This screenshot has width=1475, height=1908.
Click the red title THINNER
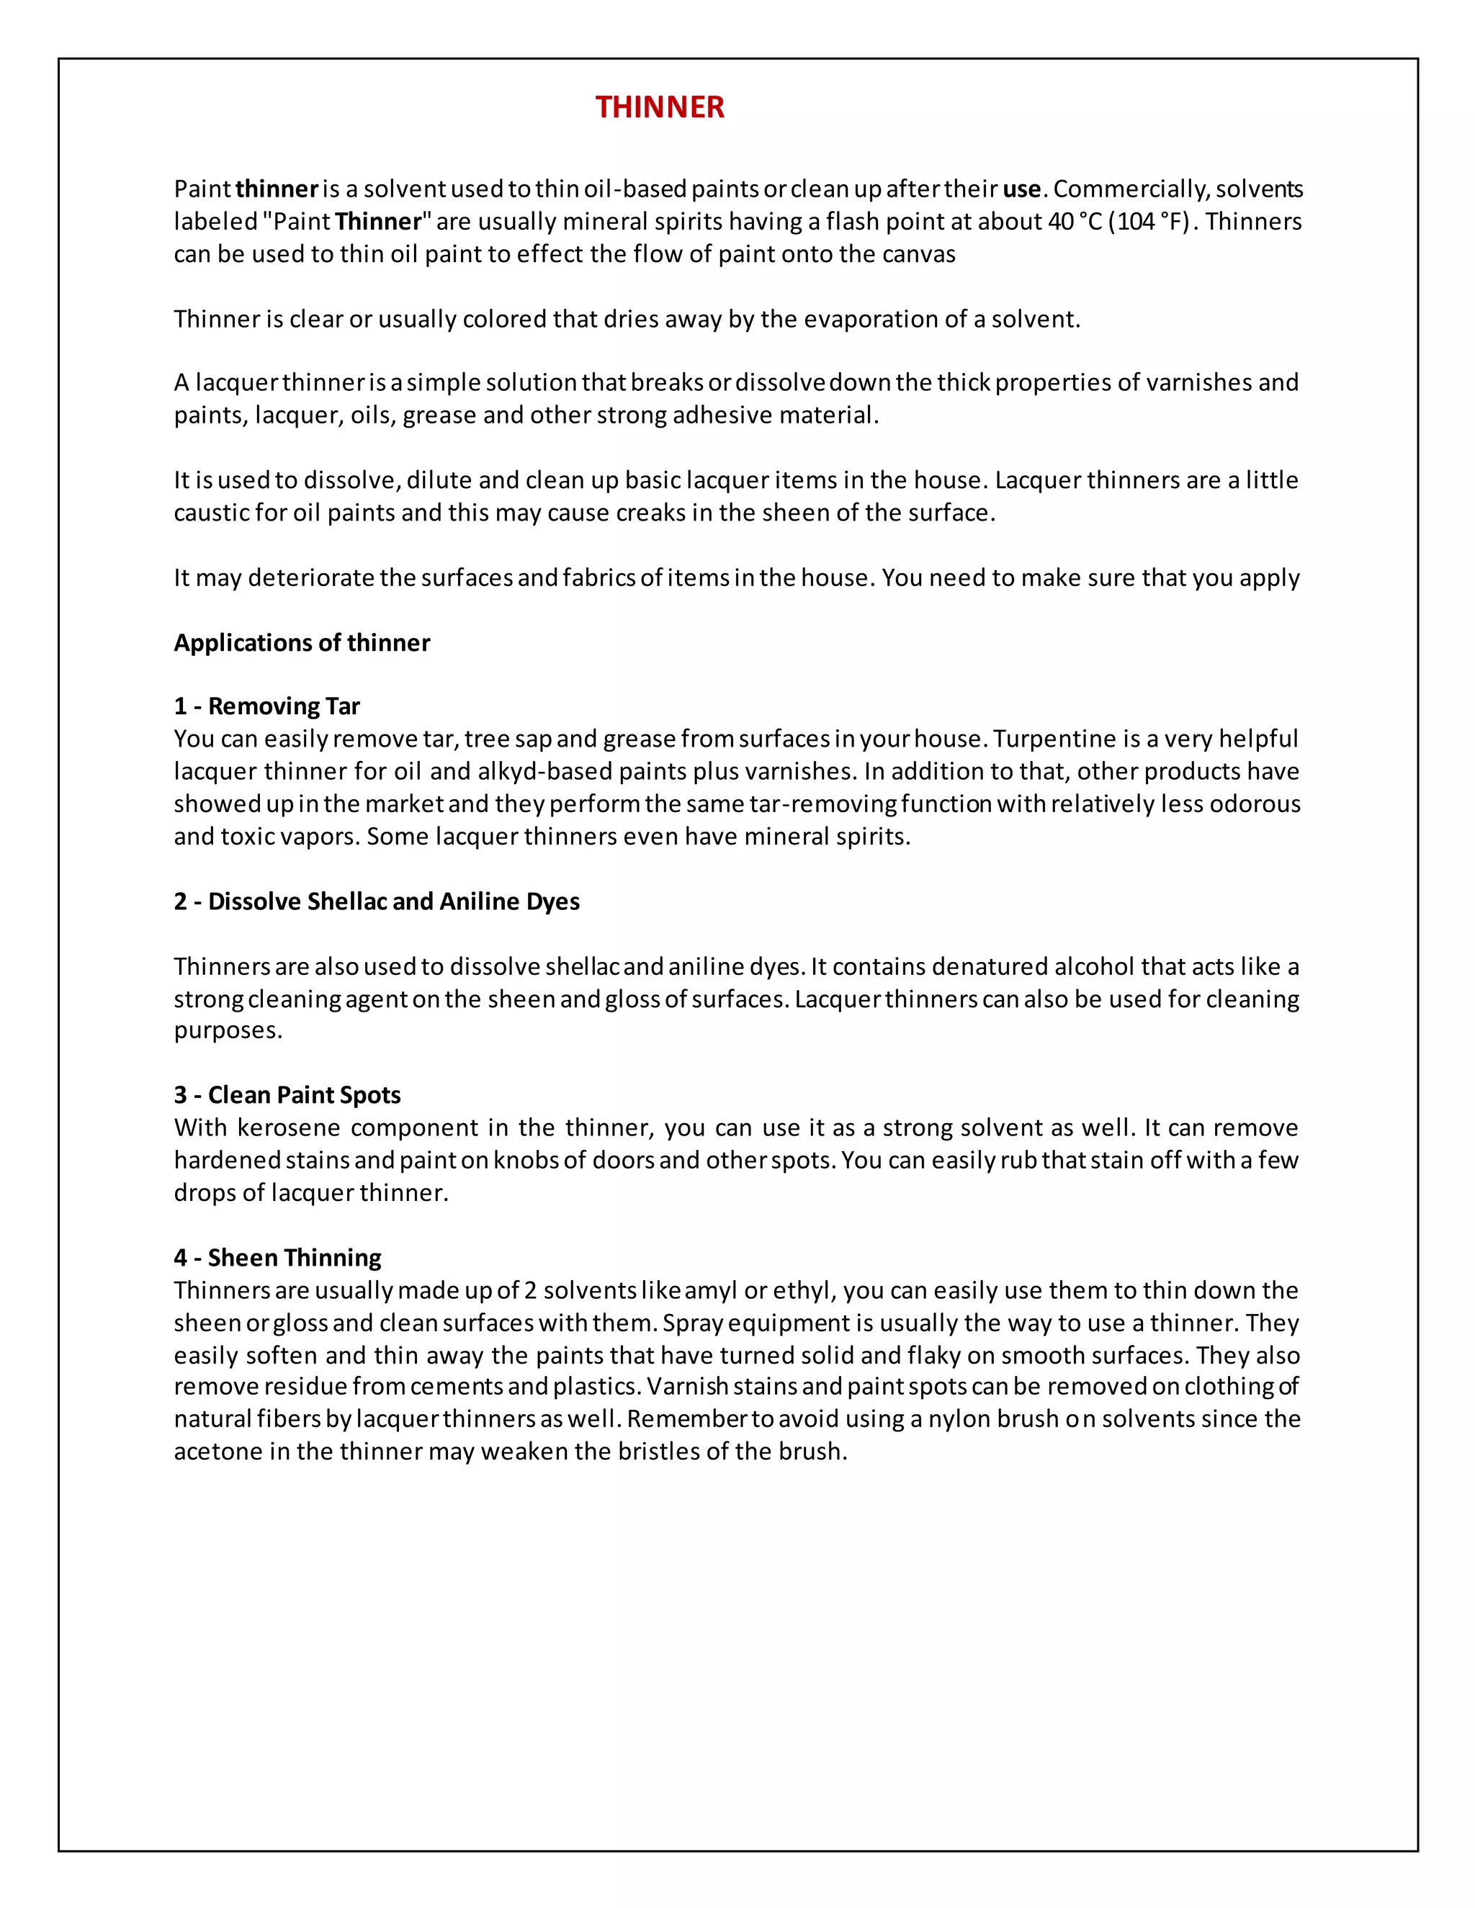(x=660, y=107)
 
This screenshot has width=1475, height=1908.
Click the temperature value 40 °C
(x=1075, y=222)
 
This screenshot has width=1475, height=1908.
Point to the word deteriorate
(x=310, y=578)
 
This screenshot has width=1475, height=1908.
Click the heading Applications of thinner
(x=302, y=643)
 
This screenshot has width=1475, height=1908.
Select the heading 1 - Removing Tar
(x=266, y=706)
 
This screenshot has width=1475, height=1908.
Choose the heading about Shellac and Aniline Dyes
(x=377, y=901)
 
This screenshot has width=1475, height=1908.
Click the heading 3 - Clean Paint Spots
(x=287, y=1096)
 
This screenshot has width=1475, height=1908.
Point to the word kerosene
(x=288, y=1128)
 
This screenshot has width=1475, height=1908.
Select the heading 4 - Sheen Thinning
(x=277, y=1258)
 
